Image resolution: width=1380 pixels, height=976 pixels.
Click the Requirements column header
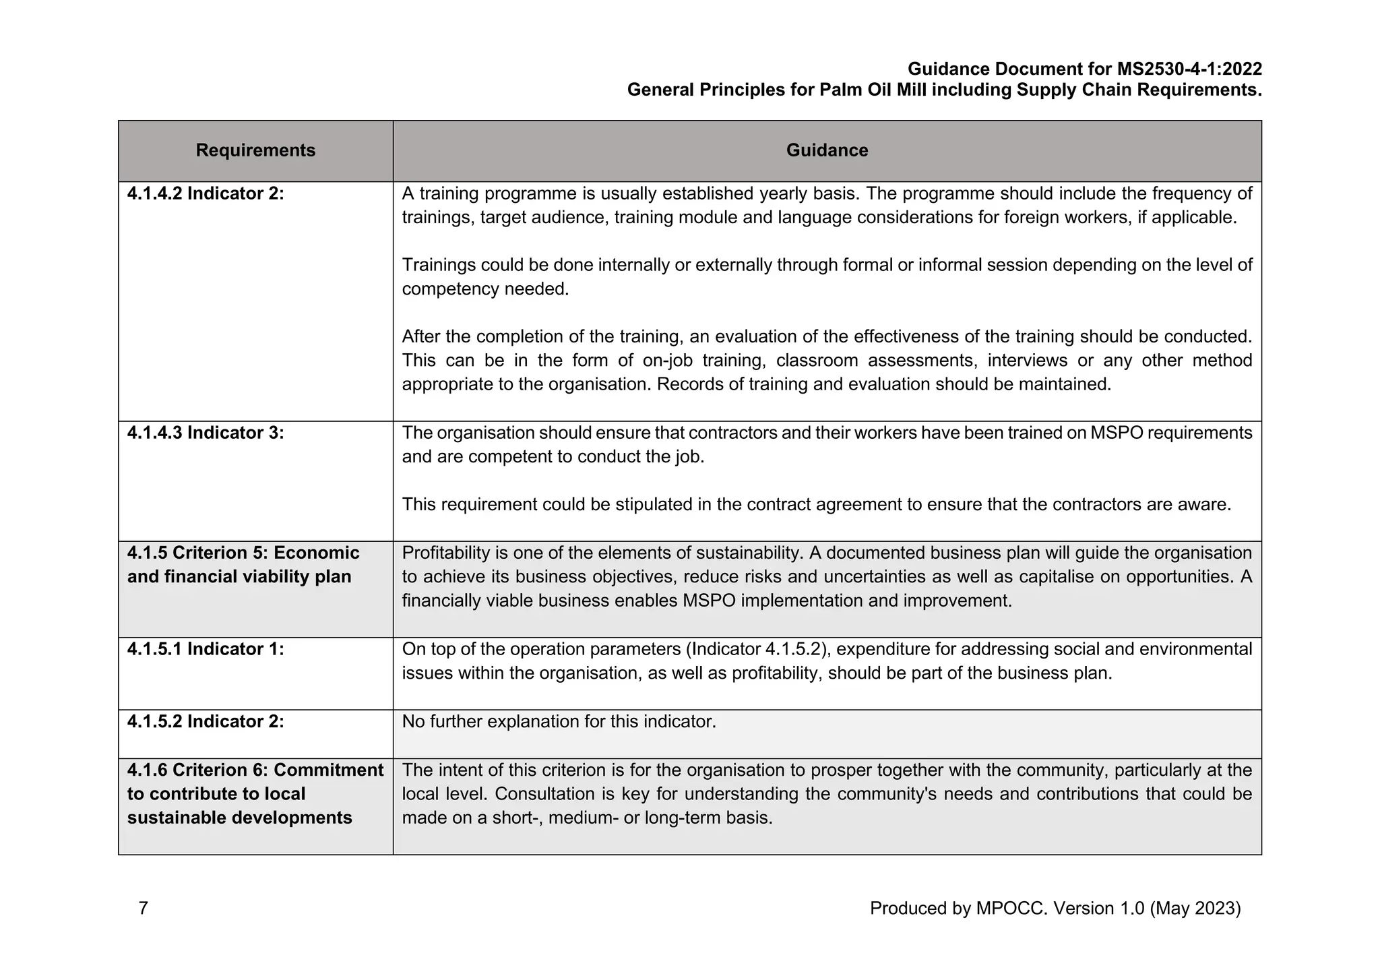click(x=255, y=150)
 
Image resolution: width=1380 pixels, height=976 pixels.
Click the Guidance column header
click(x=827, y=150)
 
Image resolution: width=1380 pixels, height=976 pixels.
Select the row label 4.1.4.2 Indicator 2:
click(x=206, y=193)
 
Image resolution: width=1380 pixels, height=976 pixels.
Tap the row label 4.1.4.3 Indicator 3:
click(x=206, y=433)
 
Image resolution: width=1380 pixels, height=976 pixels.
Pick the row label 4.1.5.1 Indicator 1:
click(x=206, y=649)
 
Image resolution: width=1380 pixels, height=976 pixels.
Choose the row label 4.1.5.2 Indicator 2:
click(x=206, y=722)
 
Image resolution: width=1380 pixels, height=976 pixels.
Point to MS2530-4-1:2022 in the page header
click(x=1189, y=69)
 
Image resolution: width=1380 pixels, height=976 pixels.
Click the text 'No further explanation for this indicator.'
click(x=559, y=722)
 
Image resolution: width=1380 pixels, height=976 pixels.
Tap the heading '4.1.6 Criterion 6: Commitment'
click(x=255, y=770)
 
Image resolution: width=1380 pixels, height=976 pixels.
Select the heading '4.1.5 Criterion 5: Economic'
click(x=243, y=553)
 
